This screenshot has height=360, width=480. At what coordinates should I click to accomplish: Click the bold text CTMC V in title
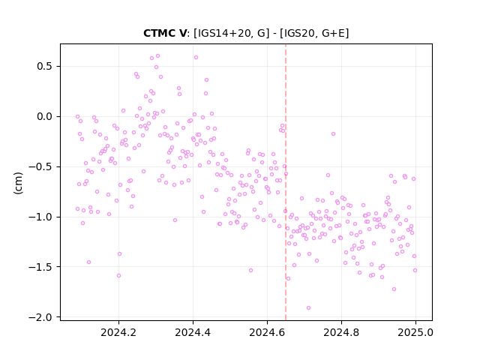click(x=164, y=33)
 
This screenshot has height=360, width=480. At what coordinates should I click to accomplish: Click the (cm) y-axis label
click(x=18, y=183)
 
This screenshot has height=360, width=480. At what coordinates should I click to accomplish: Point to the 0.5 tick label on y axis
click(x=45, y=67)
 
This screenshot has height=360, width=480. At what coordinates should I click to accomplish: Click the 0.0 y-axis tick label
click(x=45, y=117)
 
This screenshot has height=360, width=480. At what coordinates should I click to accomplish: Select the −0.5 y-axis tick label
click(x=41, y=166)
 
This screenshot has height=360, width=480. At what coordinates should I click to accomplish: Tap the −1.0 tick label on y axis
click(x=41, y=217)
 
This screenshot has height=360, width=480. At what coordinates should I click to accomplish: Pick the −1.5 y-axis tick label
click(x=41, y=267)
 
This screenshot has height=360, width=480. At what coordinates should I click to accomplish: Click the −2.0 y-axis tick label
click(x=41, y=317)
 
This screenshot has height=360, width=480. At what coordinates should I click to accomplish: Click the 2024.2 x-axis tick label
click(x=118, y=332)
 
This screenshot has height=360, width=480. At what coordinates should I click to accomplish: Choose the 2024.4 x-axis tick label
click(x=193, y=332)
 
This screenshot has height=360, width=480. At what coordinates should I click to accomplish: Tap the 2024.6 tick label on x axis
click(x=267, y=332)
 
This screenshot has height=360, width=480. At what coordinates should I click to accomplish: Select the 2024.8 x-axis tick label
click(x=341, y=332)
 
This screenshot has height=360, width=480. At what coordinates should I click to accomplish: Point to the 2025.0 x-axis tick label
click(x=415, y=332)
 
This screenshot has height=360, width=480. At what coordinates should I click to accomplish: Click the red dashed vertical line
click(x=286, y=182)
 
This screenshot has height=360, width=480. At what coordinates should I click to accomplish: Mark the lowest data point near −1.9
click(x=308, y=308)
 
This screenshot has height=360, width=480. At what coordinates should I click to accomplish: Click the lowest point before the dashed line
click(x=118, y=276)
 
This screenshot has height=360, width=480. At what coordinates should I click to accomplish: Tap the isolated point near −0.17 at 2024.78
click(x=333, y=133)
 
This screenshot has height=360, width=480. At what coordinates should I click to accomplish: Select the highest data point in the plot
click(x=158, y=56)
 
